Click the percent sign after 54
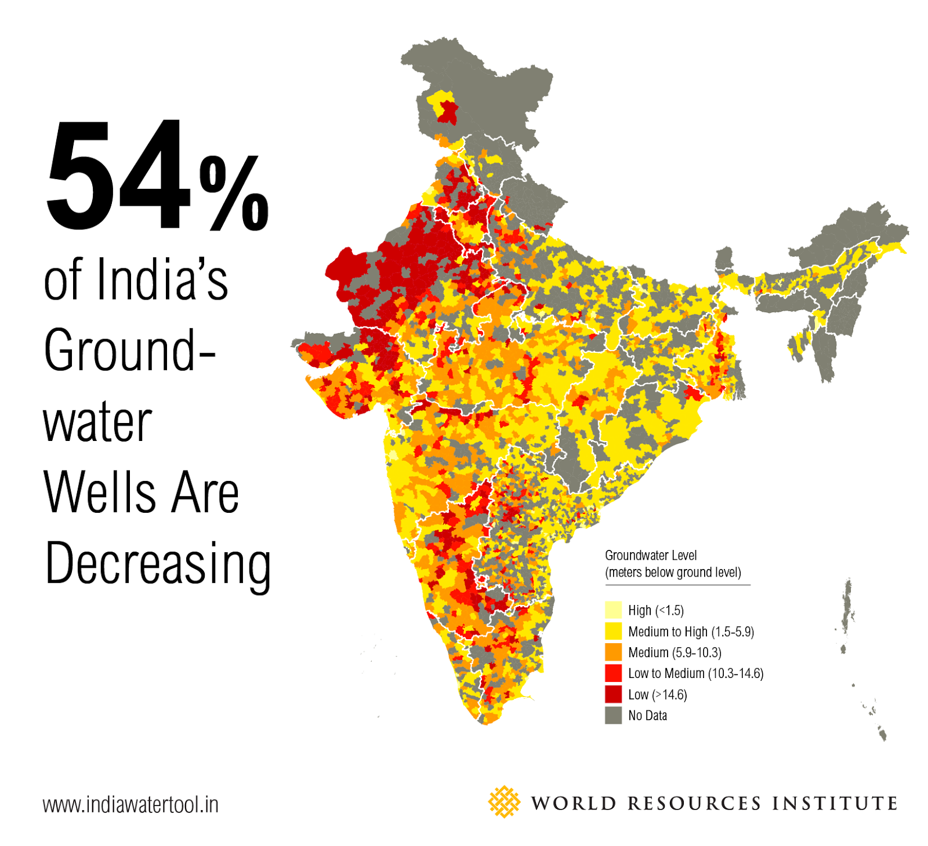pos(234,194)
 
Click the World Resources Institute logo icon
pos(503,801)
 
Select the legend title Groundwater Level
pos(650,555)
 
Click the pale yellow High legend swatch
pos(613,610)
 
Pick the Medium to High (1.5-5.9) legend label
pos(690,632)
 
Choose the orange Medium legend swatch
pos(613,652)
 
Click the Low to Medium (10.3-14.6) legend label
pos(695,673)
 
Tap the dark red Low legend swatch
pos(613,694)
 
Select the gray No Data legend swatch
pos(613,715)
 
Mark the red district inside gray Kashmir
pos(447,111)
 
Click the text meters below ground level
pos(673,572)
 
